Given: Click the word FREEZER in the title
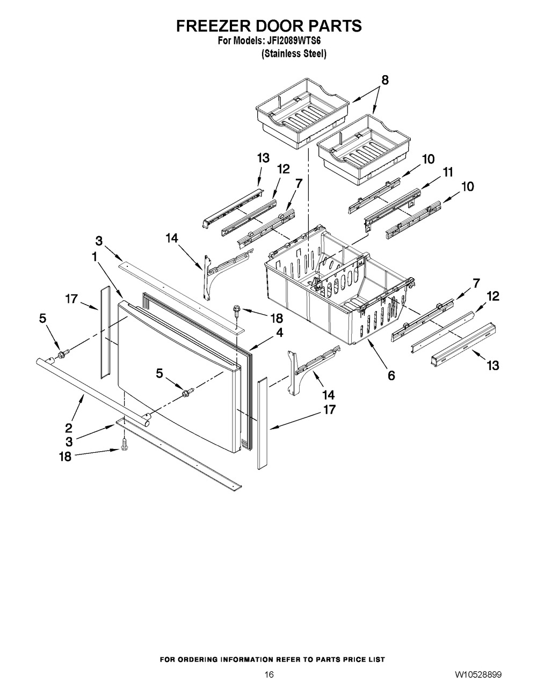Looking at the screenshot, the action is tap(214, 26).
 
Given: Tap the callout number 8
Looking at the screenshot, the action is tap(385, 80).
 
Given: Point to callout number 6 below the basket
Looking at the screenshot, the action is tap(391, 375).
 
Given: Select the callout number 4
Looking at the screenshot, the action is tap(279, 333).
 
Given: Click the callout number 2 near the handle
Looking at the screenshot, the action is tap(69, 428).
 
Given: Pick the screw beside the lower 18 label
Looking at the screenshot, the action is tap(124, 444).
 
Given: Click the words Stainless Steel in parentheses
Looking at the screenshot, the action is tap(294, 54).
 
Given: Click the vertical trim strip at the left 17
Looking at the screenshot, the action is tap(105, 332).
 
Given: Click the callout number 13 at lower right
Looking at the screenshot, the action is tap(492, 365).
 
